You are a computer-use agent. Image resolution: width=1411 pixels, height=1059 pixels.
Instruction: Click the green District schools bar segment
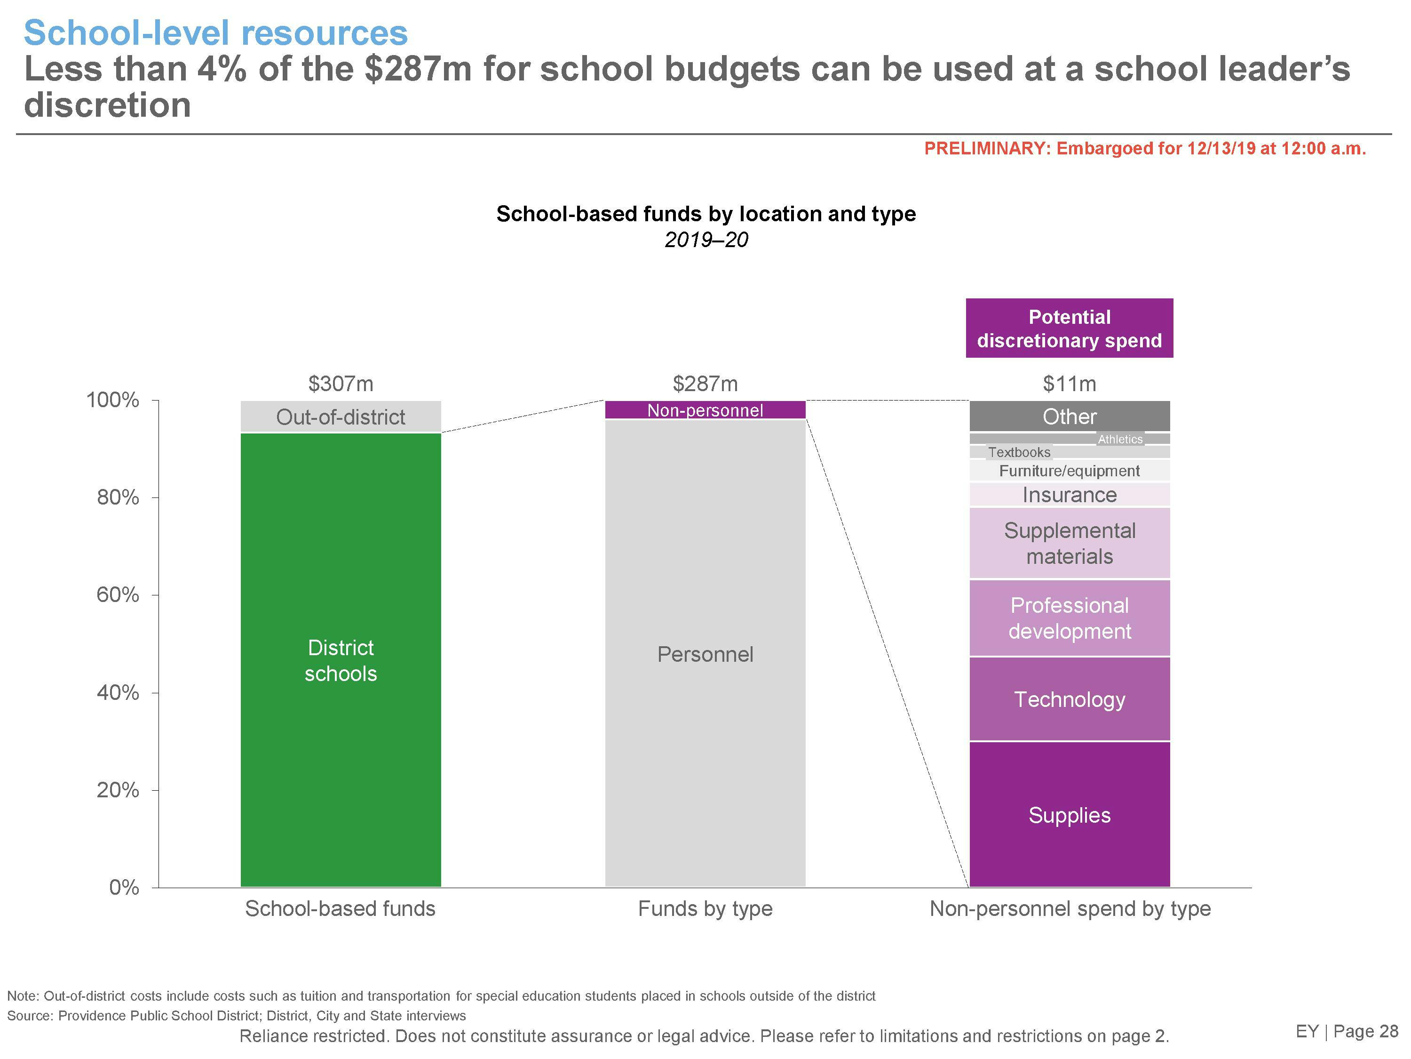tap(341, 660)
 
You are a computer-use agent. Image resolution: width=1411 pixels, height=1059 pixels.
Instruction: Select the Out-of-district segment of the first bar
tap(341, 417)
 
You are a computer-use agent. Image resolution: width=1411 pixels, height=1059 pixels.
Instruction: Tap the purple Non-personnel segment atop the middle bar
tap(705, 410)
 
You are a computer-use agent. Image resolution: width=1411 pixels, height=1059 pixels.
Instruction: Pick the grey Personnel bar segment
tap(705, 654)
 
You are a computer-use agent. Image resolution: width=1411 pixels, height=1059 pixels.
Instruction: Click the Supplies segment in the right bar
tap(1069, 815)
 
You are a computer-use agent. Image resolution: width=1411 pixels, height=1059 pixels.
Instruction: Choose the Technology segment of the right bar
tap(1069, 699)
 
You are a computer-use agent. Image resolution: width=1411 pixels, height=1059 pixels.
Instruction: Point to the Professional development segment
tap(1069, 618)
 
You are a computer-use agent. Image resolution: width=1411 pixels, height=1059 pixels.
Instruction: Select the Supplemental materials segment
tap(1069, 543)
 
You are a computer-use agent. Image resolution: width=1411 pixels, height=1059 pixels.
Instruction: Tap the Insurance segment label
tap(1069, 495)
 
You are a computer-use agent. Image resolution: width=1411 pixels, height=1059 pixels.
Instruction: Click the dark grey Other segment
tap(1069, 416)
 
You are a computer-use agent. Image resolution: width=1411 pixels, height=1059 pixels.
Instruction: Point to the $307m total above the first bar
tap(341, 384)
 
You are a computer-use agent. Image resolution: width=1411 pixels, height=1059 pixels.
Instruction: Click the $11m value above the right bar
tap(1069, 384)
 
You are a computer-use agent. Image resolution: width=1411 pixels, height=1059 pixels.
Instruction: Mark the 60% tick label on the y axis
tap(118, 595)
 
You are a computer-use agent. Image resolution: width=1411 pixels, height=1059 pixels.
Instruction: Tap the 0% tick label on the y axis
tap(124, 887)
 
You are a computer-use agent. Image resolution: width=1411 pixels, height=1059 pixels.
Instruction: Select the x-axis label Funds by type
tap(705, 908)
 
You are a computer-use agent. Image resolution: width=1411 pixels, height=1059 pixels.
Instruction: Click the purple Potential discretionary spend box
tap(1069, 328)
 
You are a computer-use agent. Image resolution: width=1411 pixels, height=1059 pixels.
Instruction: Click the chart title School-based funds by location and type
tap(705, 214)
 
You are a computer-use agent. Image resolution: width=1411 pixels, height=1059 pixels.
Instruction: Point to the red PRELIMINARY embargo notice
tap(1145, 149)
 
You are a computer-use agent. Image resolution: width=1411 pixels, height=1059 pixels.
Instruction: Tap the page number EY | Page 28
tap(1347, 1031)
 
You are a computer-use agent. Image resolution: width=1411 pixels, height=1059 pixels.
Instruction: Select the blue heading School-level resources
tap(215, 33)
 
